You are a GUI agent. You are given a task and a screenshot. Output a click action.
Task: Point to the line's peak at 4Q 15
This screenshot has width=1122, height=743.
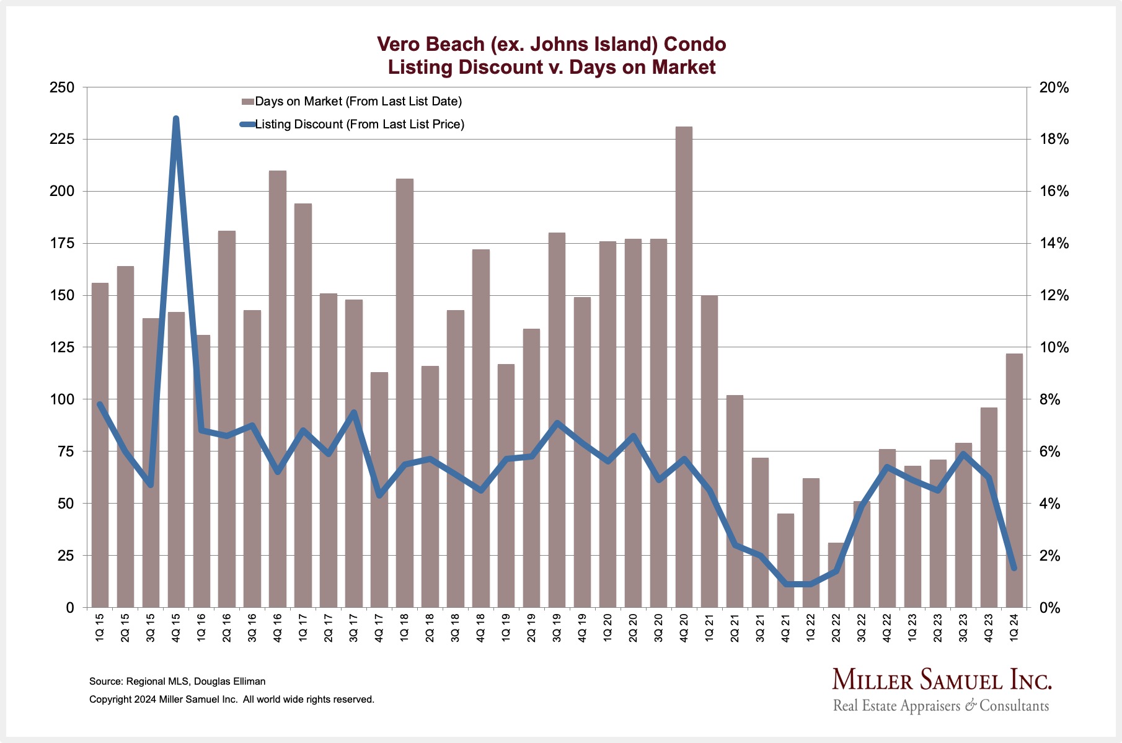tap(176, 118)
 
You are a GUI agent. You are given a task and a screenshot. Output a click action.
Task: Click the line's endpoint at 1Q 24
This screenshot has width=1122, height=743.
tap(1014, 568)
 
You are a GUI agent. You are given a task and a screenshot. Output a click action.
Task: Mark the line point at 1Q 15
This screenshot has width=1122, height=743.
tap(100, 404)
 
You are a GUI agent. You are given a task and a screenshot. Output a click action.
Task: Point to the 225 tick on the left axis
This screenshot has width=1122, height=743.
tap(61, 139)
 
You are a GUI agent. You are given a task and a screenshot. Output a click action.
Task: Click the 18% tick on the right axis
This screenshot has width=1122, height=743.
tap(1054, 139)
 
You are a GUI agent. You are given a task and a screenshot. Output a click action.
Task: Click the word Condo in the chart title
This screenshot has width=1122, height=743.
tap(694, 44)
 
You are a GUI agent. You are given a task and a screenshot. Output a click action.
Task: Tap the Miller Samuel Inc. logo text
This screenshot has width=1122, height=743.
tap(941, 680)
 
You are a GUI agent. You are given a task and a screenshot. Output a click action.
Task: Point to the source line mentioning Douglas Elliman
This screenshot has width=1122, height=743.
tap(177, 681)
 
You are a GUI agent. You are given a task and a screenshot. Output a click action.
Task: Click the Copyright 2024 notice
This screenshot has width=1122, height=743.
tap(232, 700)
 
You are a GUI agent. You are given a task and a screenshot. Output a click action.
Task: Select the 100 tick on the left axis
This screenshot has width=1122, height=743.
tap(61, 399)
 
